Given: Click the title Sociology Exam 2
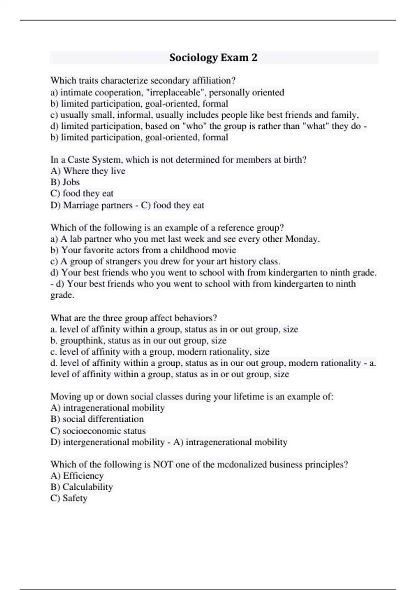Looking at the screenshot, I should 213,58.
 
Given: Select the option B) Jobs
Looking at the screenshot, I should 65,182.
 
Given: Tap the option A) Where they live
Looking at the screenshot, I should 88,171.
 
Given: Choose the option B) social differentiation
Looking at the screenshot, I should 97,419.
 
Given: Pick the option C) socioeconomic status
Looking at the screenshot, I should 98,431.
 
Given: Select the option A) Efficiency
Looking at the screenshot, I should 77,476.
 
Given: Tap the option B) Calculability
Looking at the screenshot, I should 82,487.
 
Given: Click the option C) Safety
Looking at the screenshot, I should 69,498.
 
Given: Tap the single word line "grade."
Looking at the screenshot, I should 62,295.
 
